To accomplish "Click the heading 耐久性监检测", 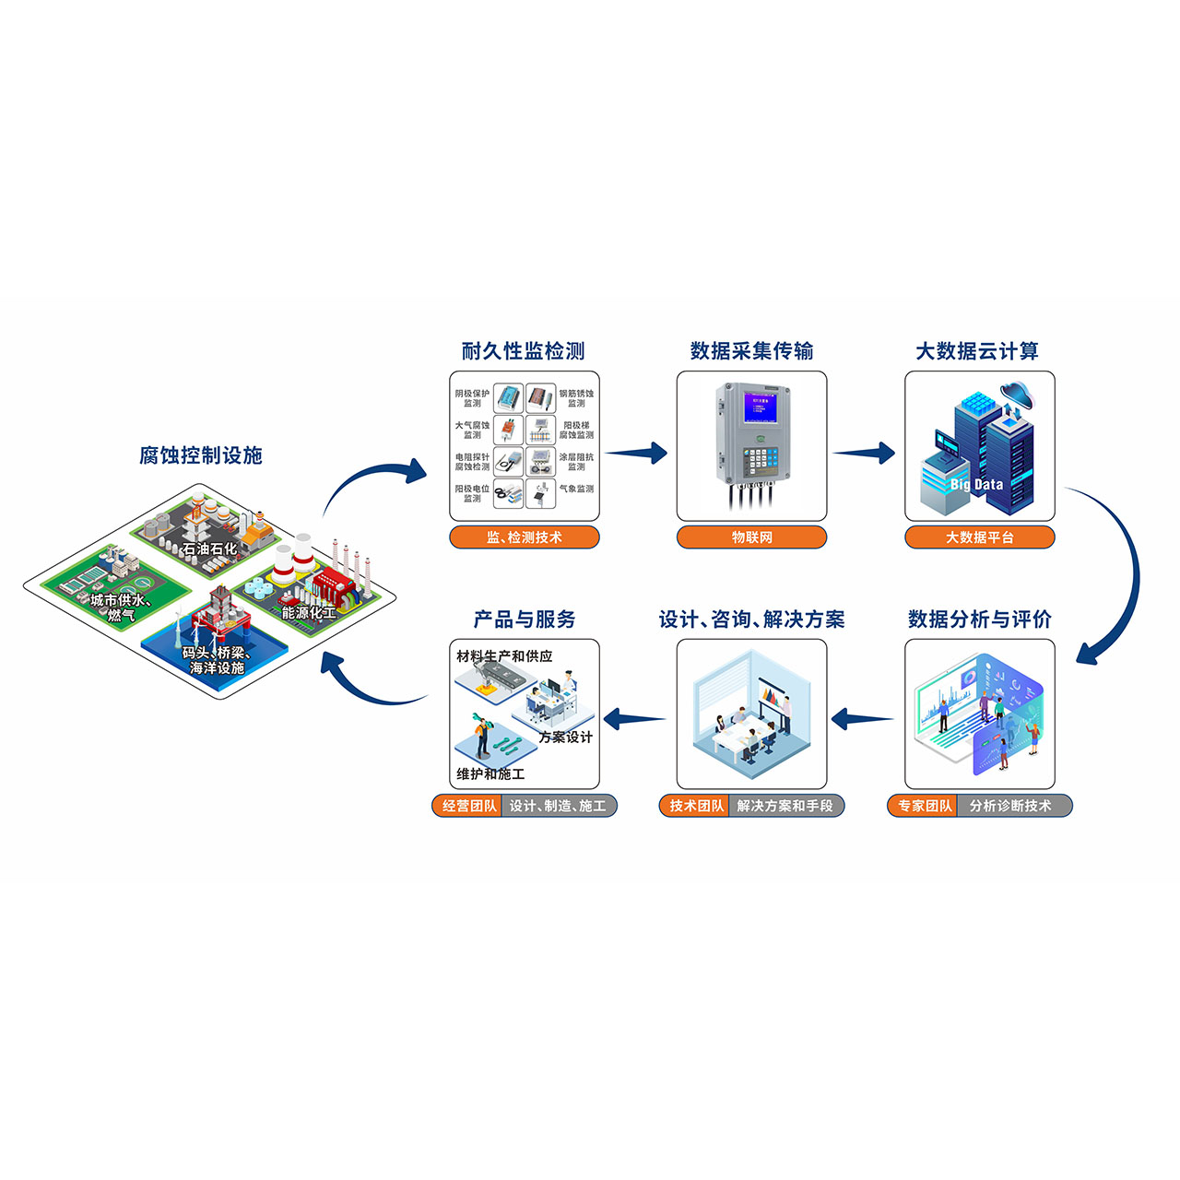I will point(523,351).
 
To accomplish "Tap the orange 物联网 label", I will point(751,537).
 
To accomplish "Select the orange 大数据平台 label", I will point(979,537).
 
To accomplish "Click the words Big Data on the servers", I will point(976,484).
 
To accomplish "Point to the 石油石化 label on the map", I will point(209,549).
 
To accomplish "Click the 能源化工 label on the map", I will point(308,612).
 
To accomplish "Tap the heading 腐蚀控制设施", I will point(201,455).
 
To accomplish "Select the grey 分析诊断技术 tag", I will point(1010,806).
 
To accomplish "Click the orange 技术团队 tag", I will point(696,806).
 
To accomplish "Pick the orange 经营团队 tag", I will point(469,806).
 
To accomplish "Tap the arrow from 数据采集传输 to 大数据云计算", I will point(865,453).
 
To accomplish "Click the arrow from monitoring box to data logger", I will point(637,453).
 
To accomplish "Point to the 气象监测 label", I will point(576,490).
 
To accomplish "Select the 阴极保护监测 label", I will point(472,398).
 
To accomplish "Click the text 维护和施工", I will point(490,774).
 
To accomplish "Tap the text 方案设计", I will point(565,737).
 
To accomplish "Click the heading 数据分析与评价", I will point(979,619).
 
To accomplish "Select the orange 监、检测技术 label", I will point(524,537).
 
